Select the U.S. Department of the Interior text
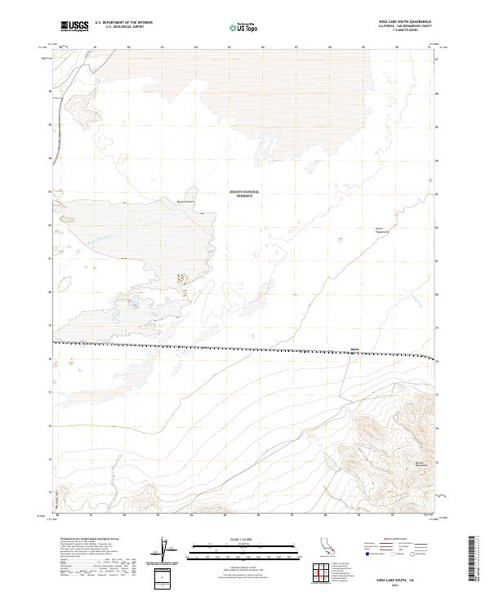(123, 22)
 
